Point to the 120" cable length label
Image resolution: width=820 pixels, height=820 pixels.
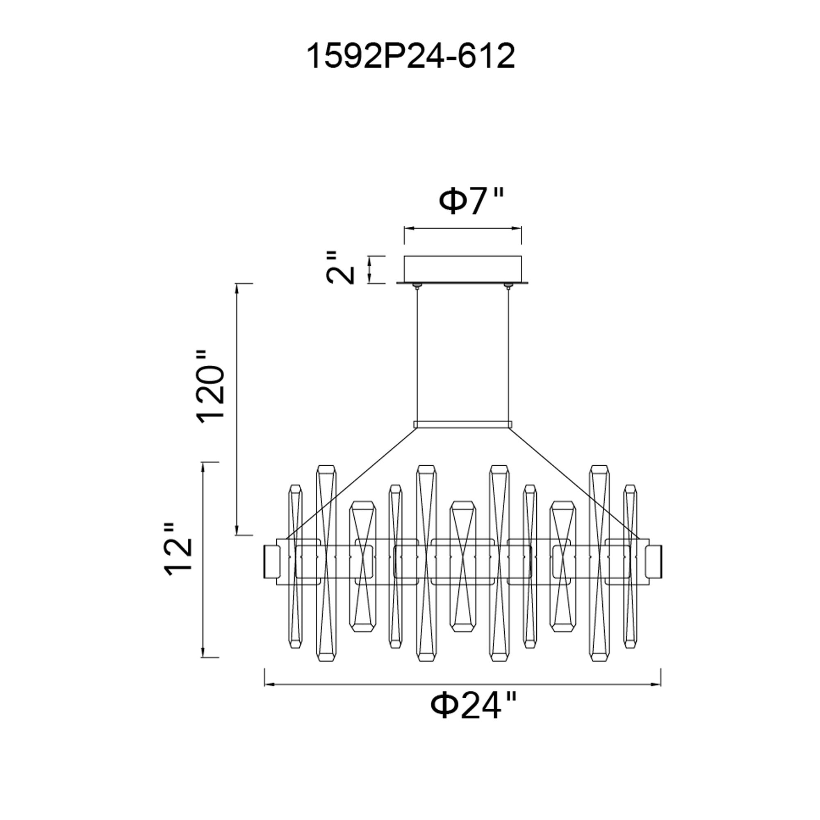(x=210, y=386)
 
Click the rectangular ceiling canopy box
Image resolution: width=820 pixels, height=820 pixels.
(x=462, y=269)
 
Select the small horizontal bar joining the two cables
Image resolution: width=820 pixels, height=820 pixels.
(x=462, y=424)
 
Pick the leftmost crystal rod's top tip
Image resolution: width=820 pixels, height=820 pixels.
(x=295, y=485)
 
